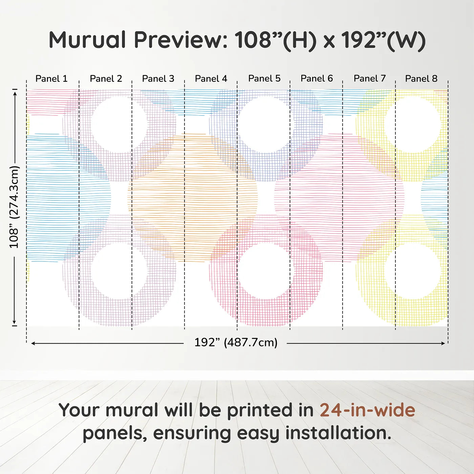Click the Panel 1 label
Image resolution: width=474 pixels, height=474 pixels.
(x=51, y=79)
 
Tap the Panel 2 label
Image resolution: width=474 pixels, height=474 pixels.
(x=106, y=79)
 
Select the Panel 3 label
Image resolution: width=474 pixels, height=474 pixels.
(x=158, y=79)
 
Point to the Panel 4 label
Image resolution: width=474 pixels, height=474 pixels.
(x=211, y=79)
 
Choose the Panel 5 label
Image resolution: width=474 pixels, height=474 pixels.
(x=264, y=78)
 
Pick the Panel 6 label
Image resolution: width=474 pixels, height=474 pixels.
(x=317, y=78)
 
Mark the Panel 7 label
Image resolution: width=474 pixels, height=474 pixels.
(x=370, y=78)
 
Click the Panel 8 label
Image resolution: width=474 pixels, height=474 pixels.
(x=421, y=79)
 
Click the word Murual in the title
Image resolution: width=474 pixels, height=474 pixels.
(x=88, y=40)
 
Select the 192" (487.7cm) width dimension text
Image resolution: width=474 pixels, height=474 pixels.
(x=236, y=342)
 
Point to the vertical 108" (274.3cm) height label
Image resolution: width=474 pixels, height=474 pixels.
(x=14, y=207)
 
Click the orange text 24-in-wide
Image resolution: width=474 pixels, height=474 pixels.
(x=367, y=410)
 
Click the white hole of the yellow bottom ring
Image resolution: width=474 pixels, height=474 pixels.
(x=412, y=271)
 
